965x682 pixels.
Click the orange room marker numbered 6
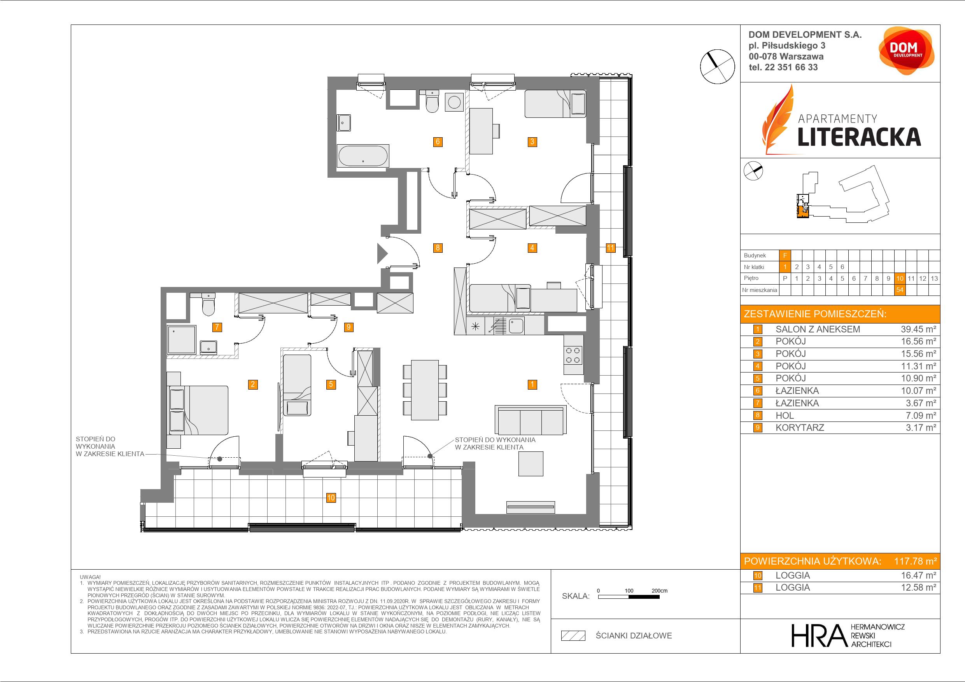coord(438,142)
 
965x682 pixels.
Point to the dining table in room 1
coord(425,390)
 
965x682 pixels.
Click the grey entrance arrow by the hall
coord(382,254)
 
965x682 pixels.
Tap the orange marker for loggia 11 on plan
coord(610,248)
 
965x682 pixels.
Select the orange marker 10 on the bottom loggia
coord(331,498)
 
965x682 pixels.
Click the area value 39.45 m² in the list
coord(918,329)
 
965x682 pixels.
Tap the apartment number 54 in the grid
coord(899,290)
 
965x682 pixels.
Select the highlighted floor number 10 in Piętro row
coord(899,278)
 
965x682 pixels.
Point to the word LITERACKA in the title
coord(859,136)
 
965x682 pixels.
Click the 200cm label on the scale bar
coord(659,590)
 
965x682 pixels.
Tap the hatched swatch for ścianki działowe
coord(573,636)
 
